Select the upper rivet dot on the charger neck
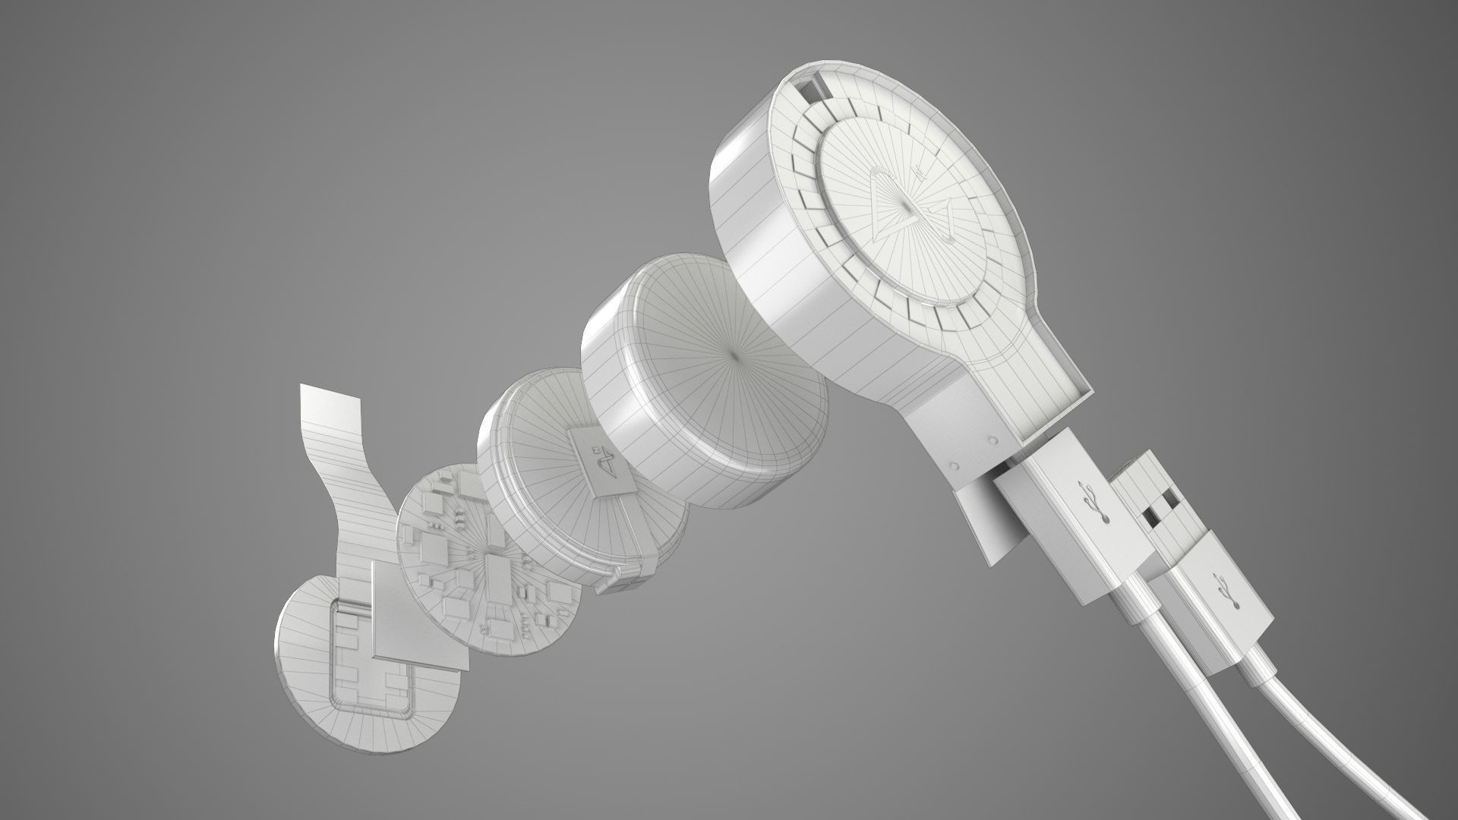993,440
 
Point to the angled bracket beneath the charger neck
987,524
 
